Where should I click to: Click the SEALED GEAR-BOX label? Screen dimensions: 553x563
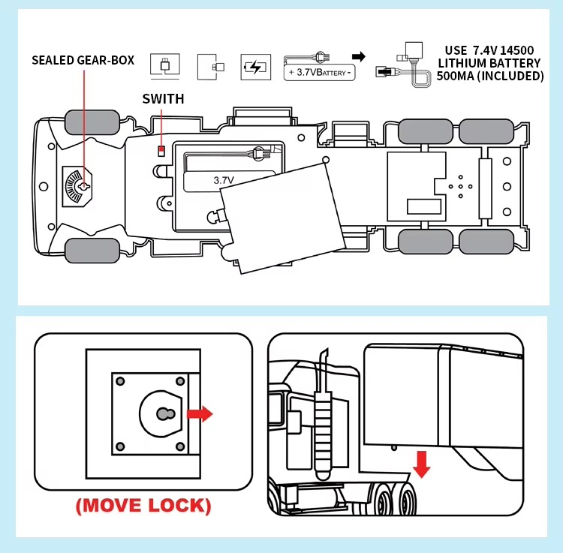83,59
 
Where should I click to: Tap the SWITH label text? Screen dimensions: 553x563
163,98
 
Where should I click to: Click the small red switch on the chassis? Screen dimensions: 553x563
161,151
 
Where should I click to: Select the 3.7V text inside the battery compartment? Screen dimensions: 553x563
224,180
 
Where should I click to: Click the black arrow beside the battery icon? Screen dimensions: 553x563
359,56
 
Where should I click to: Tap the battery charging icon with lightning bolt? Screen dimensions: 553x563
254,68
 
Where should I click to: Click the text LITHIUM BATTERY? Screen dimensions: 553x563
489,63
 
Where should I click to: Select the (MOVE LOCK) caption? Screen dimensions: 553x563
143,505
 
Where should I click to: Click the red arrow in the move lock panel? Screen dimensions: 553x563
200,413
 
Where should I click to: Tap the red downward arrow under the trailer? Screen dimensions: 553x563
423,463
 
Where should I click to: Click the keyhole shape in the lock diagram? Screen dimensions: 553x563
164,413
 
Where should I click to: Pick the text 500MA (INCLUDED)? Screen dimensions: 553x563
489,76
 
